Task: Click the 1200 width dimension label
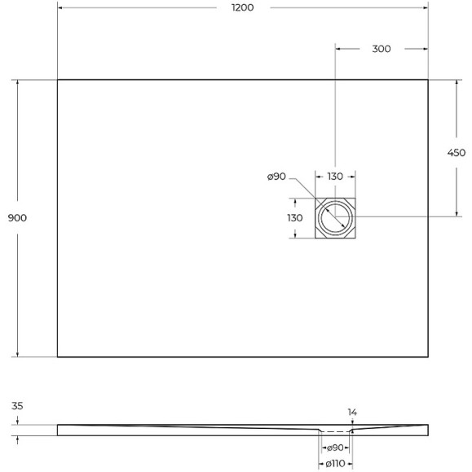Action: click(x=243, y=7)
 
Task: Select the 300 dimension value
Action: click(x=381, y=49)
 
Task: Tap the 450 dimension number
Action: click(x=456, y=153)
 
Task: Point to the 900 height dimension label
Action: click(x=17, y=218)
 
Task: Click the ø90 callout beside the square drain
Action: click(x=276, y=177)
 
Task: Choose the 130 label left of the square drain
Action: click(x=294, y=218)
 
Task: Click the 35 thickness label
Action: click(x=18, y=406)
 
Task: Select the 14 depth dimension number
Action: click(x=352, y=413)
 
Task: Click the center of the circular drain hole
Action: click(x=335, y=217)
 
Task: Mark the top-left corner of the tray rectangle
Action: click(x=57, y=80)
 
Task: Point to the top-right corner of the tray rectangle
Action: click(x=430, y=80)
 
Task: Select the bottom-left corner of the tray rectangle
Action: click(x=57, y=356)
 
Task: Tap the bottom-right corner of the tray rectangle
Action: click(x=430, y=356)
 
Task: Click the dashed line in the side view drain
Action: click(x=334, y=431)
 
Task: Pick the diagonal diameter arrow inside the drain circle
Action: click(x=334, y=217)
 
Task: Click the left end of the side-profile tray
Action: click(x=59, y=429)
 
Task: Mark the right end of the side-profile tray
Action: click(x=428, y=429)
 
